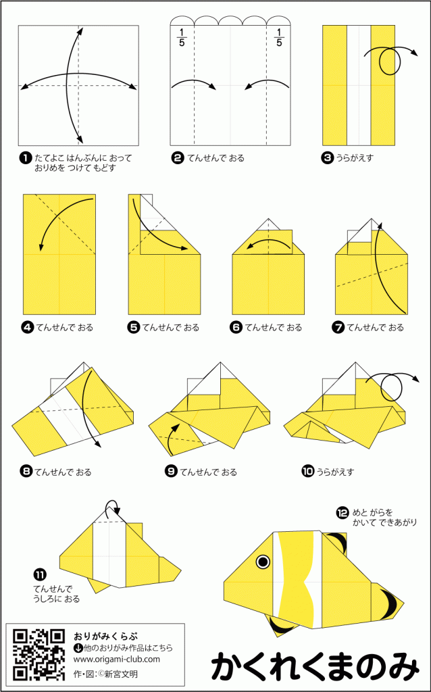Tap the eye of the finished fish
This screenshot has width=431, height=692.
(263, 562)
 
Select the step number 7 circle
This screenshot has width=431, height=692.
(338, 328)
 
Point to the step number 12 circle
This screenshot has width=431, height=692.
(343, 513)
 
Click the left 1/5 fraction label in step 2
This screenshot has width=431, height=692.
(181, 38)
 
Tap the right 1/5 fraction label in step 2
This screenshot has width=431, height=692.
(278, 38)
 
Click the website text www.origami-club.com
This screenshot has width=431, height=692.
(116, 660)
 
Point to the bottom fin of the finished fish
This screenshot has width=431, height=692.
(281, 625)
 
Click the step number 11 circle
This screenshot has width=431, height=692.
(39, 574)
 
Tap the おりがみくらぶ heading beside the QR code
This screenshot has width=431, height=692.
(105, 637)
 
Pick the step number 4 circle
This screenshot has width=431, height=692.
(27, 328)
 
